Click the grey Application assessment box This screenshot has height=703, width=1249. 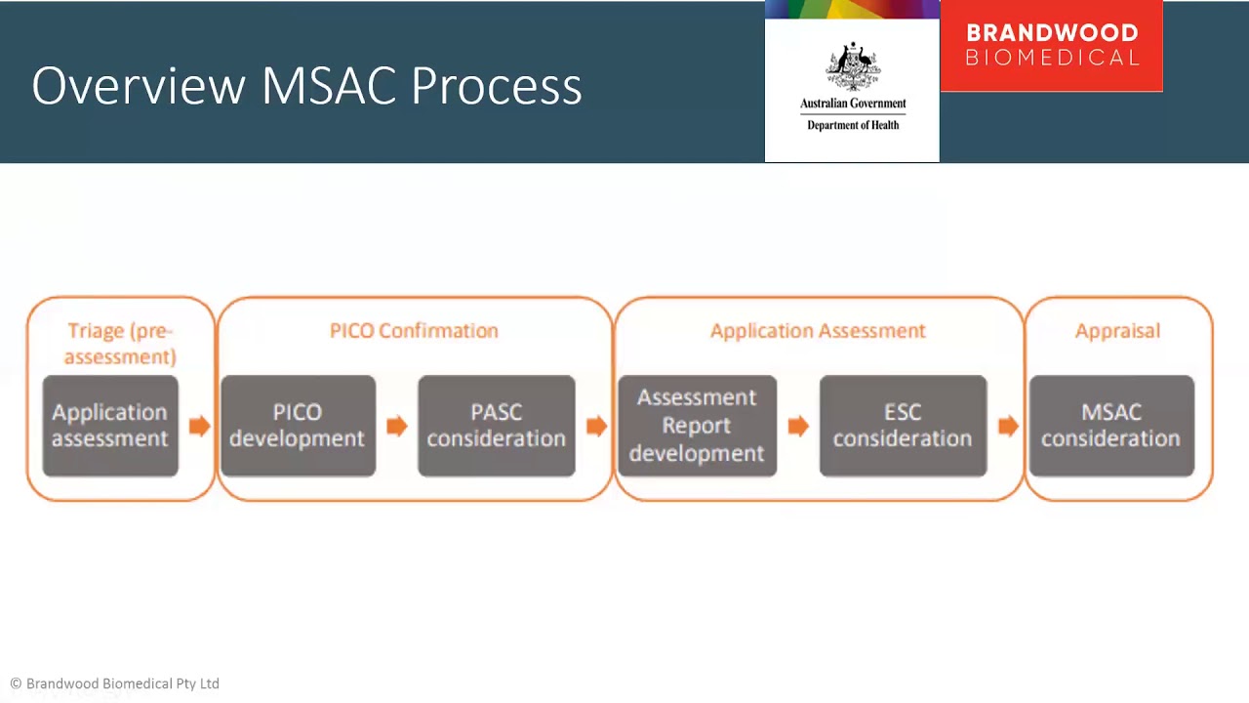(110, 426)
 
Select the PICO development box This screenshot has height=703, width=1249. (298, 426)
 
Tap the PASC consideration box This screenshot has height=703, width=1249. (496, 426)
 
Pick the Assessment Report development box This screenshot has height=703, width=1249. (697, 426)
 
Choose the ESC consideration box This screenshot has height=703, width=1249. (903, 426)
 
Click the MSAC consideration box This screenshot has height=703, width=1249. (1111, 426)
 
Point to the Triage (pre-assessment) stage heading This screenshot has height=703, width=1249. (120, 344)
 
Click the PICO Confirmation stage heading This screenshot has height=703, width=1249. (414, 331)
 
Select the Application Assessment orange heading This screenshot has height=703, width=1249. (818, 331)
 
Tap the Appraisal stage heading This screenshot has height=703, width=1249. (1117, 331)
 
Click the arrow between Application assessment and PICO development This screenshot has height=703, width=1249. (199, 426)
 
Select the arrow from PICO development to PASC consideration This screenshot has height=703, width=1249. (396, 426)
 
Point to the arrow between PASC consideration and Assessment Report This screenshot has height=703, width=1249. (596, 426)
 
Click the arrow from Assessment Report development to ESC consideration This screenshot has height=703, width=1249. (798, 426)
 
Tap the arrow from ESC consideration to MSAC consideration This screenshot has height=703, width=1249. (1008, 426)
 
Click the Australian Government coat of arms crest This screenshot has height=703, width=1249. (853, 66)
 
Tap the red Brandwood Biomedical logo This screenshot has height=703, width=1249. (1051, 46)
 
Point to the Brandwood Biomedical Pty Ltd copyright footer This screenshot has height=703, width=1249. (115, 683)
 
